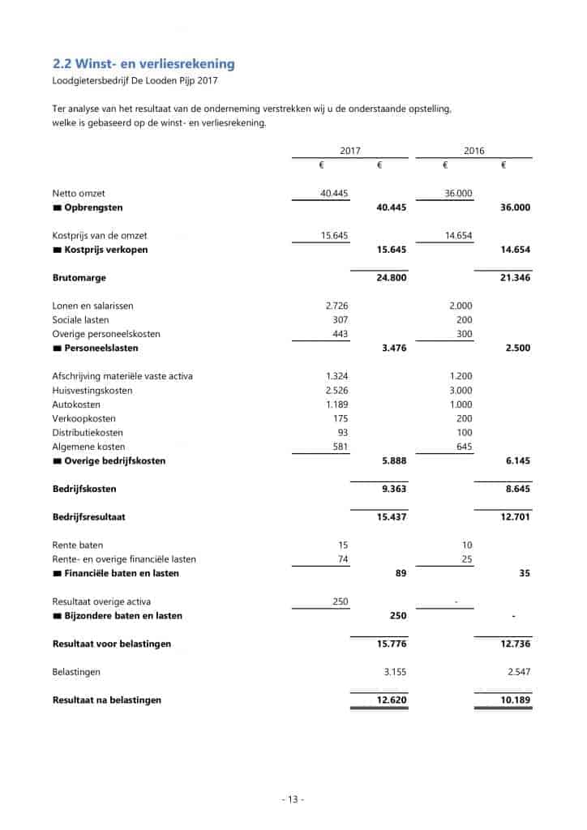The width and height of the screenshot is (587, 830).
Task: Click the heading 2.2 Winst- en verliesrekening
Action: coord(144,63)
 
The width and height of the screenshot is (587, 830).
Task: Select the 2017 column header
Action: coord(350,151)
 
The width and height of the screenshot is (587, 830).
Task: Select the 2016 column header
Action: coord(474,151)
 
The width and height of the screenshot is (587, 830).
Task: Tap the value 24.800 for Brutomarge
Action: coord(392,278)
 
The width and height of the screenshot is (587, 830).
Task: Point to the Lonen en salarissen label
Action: coord(92,306)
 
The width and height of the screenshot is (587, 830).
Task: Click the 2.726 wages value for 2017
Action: coord(336,306)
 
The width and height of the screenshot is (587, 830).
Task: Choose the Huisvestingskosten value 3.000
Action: coord(460,391)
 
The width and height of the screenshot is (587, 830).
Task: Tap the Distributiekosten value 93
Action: coord(341,433)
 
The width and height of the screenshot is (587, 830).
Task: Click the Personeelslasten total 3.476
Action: coord(393,349)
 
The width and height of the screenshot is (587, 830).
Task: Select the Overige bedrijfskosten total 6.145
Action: coord(516,461)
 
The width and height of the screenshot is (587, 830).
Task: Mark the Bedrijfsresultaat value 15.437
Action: coord(392,516)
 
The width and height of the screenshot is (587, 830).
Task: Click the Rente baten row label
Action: coord(78,545)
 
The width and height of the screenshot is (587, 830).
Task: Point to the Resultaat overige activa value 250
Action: coord(340,601)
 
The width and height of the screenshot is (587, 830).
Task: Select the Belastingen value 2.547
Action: coord(516,672)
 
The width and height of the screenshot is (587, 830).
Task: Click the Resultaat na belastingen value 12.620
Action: coord(392,700)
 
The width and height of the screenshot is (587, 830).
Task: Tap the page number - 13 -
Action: coord(293,799)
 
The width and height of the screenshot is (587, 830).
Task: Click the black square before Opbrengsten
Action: coord(57,208)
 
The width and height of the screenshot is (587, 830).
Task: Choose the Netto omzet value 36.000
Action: coord(459,194)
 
